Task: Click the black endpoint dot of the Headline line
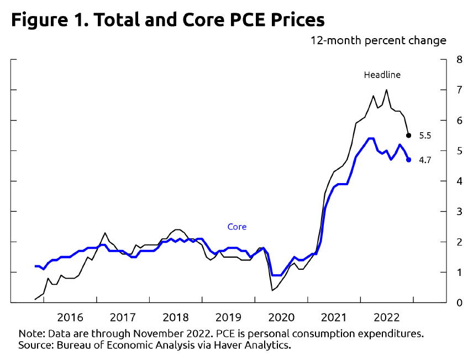(x=408, y=135)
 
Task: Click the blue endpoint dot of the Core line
(x=408, y=160)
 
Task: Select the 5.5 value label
(x=425, y=135)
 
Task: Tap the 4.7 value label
(x=425, y=160)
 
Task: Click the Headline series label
(x=382, y=75)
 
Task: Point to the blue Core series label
(x=237, y=227)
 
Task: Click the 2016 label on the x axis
(x=70, y=317)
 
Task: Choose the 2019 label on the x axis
(x=228, y=317)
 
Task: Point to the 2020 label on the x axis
(x=281, y=317)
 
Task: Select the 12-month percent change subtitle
(x=379, y=41)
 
